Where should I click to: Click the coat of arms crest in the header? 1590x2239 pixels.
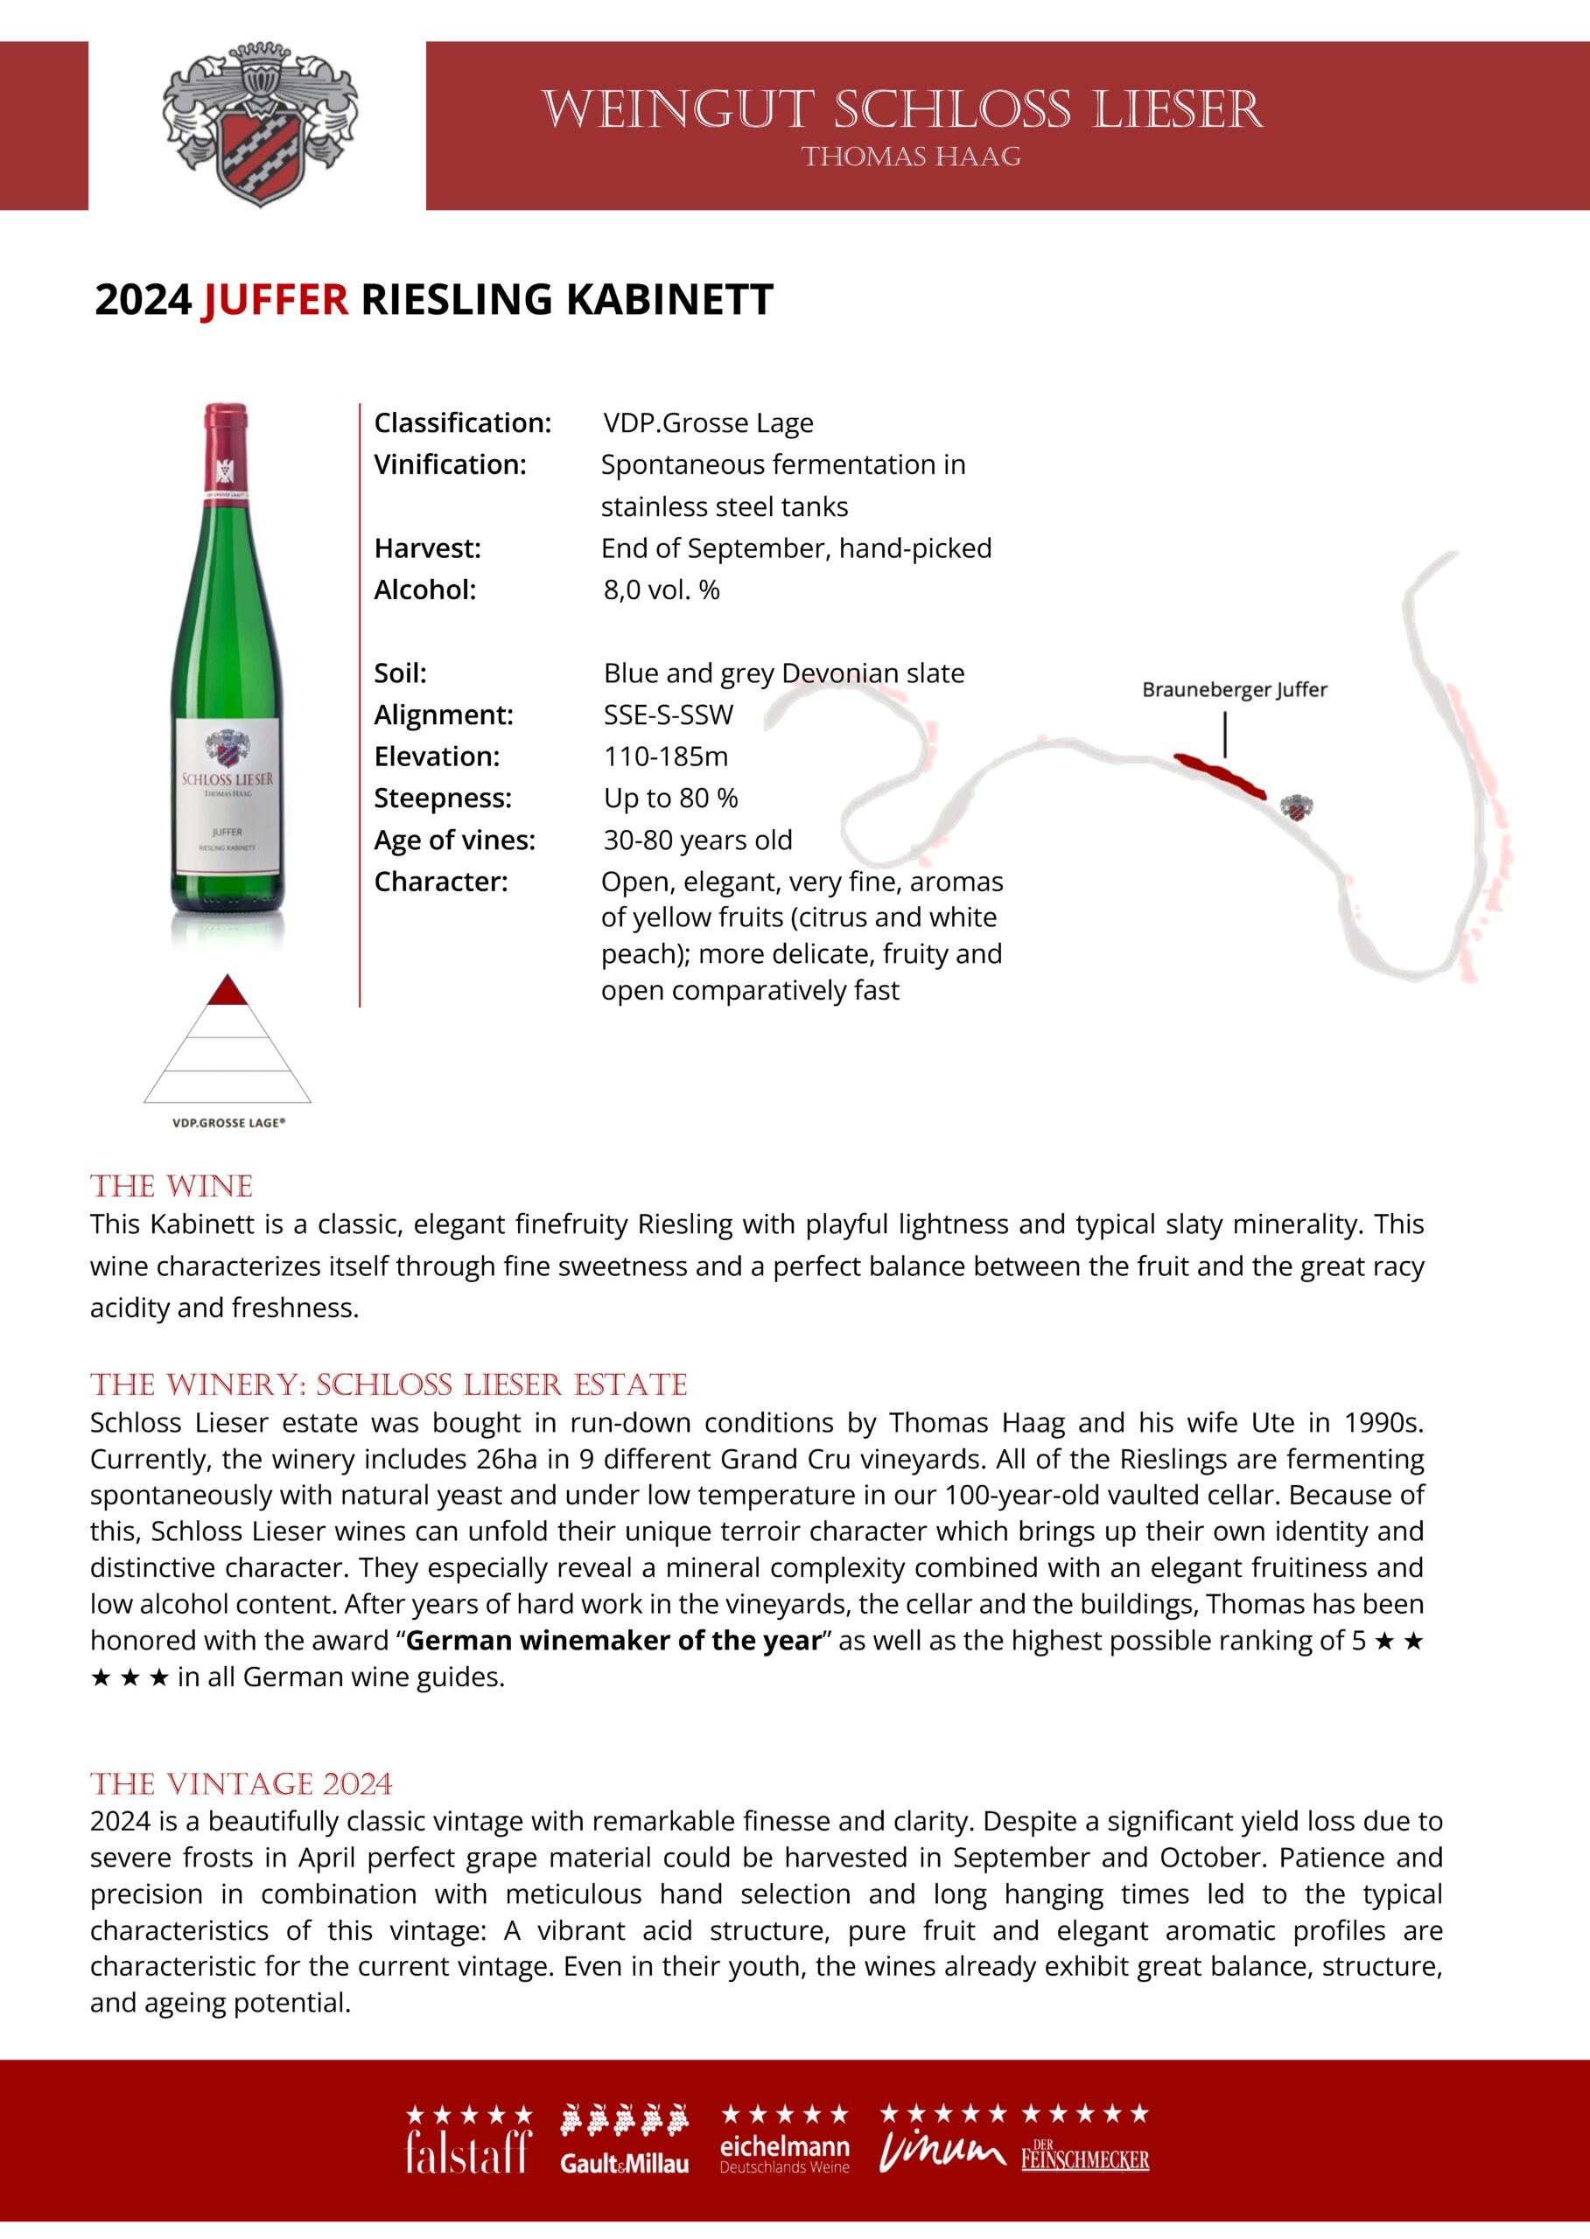(x=259, y=125)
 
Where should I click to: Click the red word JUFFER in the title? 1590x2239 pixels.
(x=275, y=299)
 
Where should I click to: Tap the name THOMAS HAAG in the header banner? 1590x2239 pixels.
(x=911, y=157)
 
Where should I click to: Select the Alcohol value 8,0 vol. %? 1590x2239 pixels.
(x=661, y=590)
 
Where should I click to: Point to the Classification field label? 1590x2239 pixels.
(x=462, y=422)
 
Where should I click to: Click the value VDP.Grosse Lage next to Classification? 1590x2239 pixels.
(x=708, y=422)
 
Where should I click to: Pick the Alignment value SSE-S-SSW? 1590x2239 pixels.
(x=668, y=715)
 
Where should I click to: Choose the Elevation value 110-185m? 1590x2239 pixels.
(x=666, y=757)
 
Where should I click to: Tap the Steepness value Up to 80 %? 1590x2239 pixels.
(x=670, y=799)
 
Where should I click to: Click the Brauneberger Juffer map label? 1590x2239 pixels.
(x=1234, y=690)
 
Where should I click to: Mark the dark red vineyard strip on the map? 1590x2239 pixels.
(x=1221, y=774)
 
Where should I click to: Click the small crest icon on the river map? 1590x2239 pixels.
(x=1296, y=808)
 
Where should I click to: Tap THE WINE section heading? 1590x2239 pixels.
(x=172, y=1187)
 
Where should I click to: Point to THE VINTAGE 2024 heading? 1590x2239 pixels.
(x=241, y=1784)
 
